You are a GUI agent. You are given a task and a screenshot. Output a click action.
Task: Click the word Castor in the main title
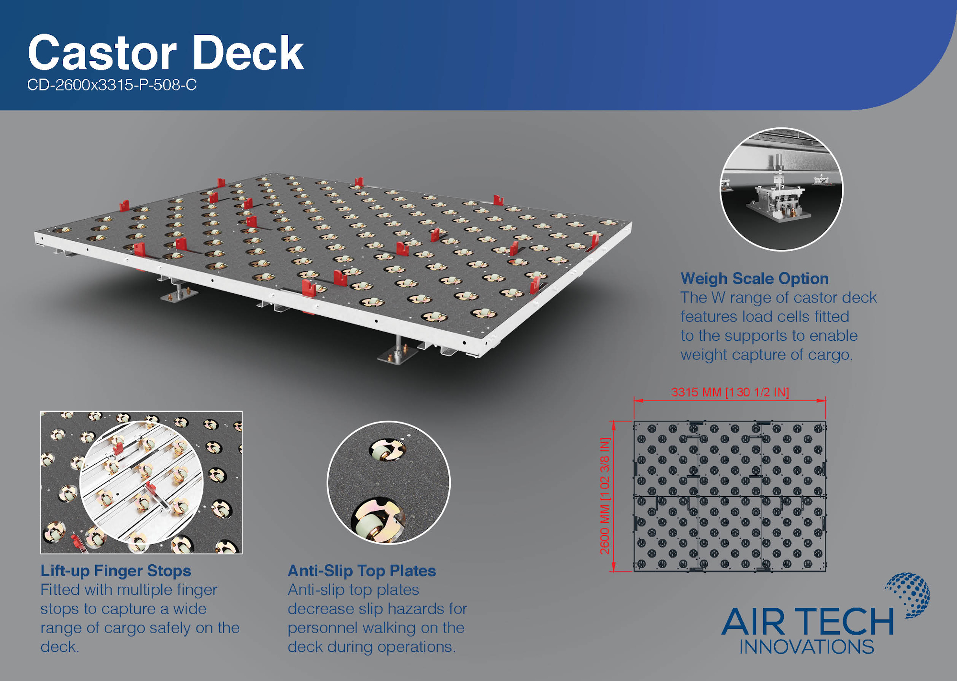pyautogui.click(x=102, y=53)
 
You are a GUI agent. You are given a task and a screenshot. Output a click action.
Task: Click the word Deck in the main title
pyautogui.click(x=248, y=53)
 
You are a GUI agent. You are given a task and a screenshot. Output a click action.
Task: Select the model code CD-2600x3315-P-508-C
pyautogui.click(x=112, y=85)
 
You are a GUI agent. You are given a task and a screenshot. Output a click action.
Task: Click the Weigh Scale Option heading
pyautogui.click(x=755, y=279)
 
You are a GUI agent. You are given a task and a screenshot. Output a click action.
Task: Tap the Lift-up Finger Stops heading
pyautogui.click(x=116, y=571)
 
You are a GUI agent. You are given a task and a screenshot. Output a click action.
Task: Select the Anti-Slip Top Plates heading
pyautogui.click(x=362, y=571)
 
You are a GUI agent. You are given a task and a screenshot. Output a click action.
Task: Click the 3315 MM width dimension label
pyautogui.click(x=730, y=392)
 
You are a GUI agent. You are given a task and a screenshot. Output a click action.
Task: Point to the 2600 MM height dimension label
pyautogui.click(x=605, y=496)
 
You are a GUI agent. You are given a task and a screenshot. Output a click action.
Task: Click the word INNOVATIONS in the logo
pyautogui.click(x=807, y=647)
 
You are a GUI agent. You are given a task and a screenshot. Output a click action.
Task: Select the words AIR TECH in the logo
pyautogui.click(x=808, y=622)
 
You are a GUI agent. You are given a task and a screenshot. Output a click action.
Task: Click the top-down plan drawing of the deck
pyautogui.click(x=730, y=496)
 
